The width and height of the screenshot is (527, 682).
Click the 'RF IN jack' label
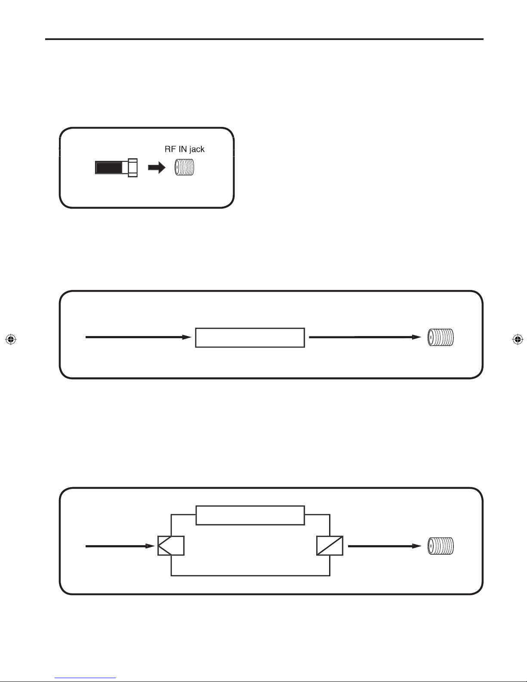(185, 149)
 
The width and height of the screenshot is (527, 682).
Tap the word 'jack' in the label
(197, 149)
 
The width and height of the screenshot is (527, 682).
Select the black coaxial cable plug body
(108, 168)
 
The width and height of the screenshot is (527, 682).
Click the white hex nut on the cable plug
(133, 168)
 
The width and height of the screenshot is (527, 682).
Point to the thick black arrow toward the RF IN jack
(157, 168)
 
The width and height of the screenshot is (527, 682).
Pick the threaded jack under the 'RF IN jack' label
(185, 167)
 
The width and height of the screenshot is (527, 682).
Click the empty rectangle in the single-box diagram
(250, 338)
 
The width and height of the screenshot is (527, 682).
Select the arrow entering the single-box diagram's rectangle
(139, 337)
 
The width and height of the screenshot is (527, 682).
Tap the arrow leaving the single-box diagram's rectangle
(365, 337)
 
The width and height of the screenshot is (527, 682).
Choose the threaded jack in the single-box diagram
(441, 337)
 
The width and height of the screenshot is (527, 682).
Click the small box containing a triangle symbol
(171, 546)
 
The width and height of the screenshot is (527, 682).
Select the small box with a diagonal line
(330, 546)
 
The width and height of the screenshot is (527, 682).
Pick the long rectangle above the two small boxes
(250, 515)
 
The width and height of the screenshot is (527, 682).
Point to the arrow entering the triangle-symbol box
(120, 546)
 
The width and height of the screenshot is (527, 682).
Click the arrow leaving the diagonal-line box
(385, 546)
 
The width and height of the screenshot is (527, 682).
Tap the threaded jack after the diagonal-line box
(441, 546)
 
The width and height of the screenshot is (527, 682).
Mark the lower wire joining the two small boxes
(250, 576)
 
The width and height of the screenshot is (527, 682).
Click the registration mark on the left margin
(11, 339)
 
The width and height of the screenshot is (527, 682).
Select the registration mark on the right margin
(518, 339)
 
